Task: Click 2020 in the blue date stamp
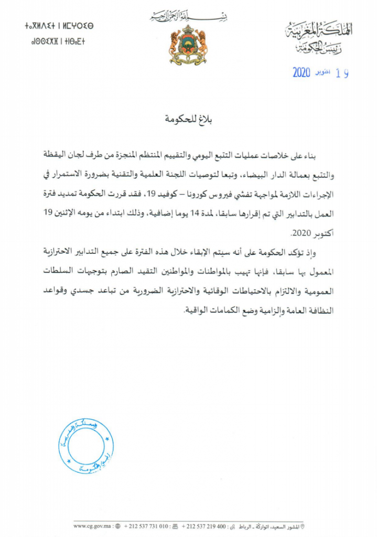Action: coord(301,72)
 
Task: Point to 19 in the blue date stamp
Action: coord(342,73)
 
